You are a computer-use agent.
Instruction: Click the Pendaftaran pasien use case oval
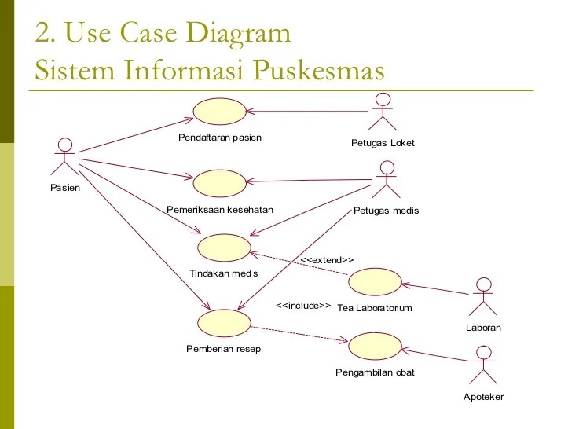(x=220, y=112)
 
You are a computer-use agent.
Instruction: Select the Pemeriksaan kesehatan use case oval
(x=220, y=184)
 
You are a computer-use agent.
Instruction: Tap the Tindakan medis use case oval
(x=224, y=247)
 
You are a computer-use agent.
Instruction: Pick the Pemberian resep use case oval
(x=224, y=321)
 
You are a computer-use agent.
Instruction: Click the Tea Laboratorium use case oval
(x=374, y=282)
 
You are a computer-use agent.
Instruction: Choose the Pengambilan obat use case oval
(x=374, y=346)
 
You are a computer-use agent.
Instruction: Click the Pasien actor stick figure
(x=64, y=157)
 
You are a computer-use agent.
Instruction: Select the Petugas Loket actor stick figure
(x=383, y=112)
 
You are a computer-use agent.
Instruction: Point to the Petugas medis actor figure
(x=385, y=179)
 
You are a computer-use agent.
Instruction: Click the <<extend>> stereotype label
(x=327, y=260)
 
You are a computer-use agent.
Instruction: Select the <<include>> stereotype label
(x=303, y=306)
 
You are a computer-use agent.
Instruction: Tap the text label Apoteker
(x=483, y=397)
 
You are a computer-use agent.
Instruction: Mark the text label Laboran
(x=483, y=328)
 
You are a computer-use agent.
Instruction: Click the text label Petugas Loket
(x=383, y=143)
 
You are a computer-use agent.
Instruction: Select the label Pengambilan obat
(x=374, y=372)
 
